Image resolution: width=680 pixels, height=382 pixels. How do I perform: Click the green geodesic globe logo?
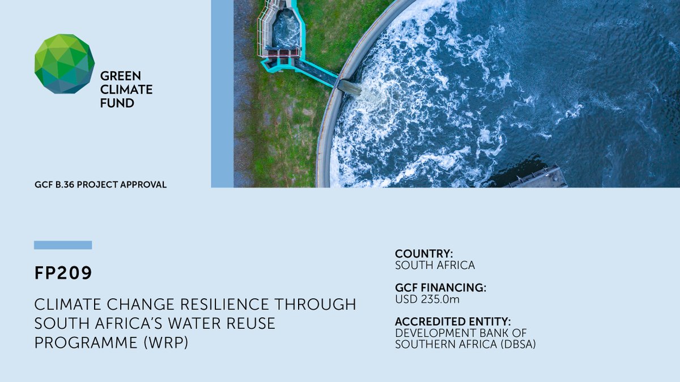point(64,63)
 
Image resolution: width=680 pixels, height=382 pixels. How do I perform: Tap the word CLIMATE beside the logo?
point(126,89)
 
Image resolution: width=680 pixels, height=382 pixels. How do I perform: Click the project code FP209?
point(63,273)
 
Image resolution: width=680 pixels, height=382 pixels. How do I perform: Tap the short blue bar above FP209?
point(63,245)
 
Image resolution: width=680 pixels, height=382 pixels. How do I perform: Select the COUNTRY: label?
point(424,254)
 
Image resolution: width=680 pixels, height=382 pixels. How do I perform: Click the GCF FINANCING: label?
point(440,287)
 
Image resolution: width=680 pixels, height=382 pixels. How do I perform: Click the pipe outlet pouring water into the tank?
point(349,87)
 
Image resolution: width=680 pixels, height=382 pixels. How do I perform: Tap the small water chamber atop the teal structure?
point(286,28)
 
